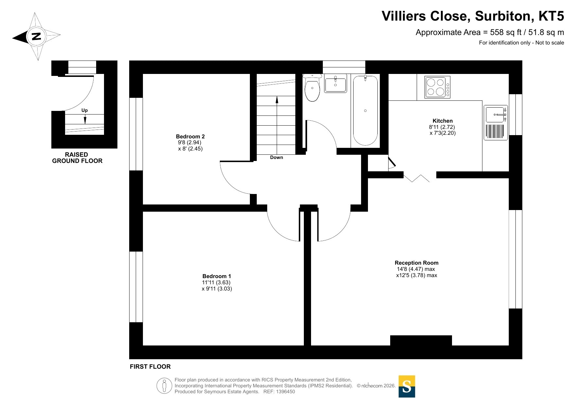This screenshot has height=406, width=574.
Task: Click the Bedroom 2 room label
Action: [x=190, y=136]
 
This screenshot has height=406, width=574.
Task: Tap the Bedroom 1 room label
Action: [x=217, y=276]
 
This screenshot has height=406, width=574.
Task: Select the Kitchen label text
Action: [x=443, y=121]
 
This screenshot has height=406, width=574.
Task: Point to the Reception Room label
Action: [x=416, y=263]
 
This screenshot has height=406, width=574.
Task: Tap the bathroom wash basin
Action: [x=336, y=83]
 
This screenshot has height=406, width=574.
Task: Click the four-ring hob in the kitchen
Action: [x=438, y=87]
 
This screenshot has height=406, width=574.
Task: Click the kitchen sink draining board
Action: [x=496, y=131]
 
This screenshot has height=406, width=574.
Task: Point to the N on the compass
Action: [x=36, y=36]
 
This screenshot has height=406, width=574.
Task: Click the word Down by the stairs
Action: [x=276, y=157]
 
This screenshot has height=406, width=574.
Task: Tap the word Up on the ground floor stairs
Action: [x=84, y=110]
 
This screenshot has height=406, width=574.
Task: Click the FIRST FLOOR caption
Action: [x=150, y=367]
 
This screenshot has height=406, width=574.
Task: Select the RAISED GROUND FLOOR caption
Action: [x=77, y=158]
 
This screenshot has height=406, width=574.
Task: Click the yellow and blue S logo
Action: [x=407, y=386]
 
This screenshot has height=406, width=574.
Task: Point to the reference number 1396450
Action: [x=286, y=392]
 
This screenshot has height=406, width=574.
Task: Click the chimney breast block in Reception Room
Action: [x=421, y=340]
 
